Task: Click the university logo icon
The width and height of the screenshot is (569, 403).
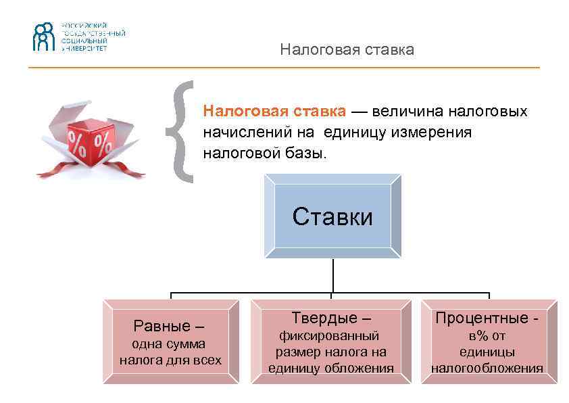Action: click(x=43, y=37)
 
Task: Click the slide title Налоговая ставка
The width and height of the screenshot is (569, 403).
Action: click(x=347, y=50)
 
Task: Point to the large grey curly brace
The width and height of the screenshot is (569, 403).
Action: click(x=181, y=132)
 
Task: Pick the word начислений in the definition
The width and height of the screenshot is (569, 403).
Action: click(x=248, y=133)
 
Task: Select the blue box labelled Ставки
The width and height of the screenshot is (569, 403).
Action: click(x=332, y=217)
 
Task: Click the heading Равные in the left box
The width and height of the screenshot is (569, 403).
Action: click(x=162, y=326)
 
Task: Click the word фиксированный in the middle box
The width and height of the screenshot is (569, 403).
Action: click(x=330, y=335)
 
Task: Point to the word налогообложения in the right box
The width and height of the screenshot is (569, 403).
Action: click(x=487, y=369)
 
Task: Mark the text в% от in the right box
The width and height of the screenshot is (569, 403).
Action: click(x=487, y=336)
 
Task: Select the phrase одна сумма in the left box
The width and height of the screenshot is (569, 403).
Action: click(x=169, y=344)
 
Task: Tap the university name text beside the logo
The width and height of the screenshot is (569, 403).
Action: click(x=94, y=37)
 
